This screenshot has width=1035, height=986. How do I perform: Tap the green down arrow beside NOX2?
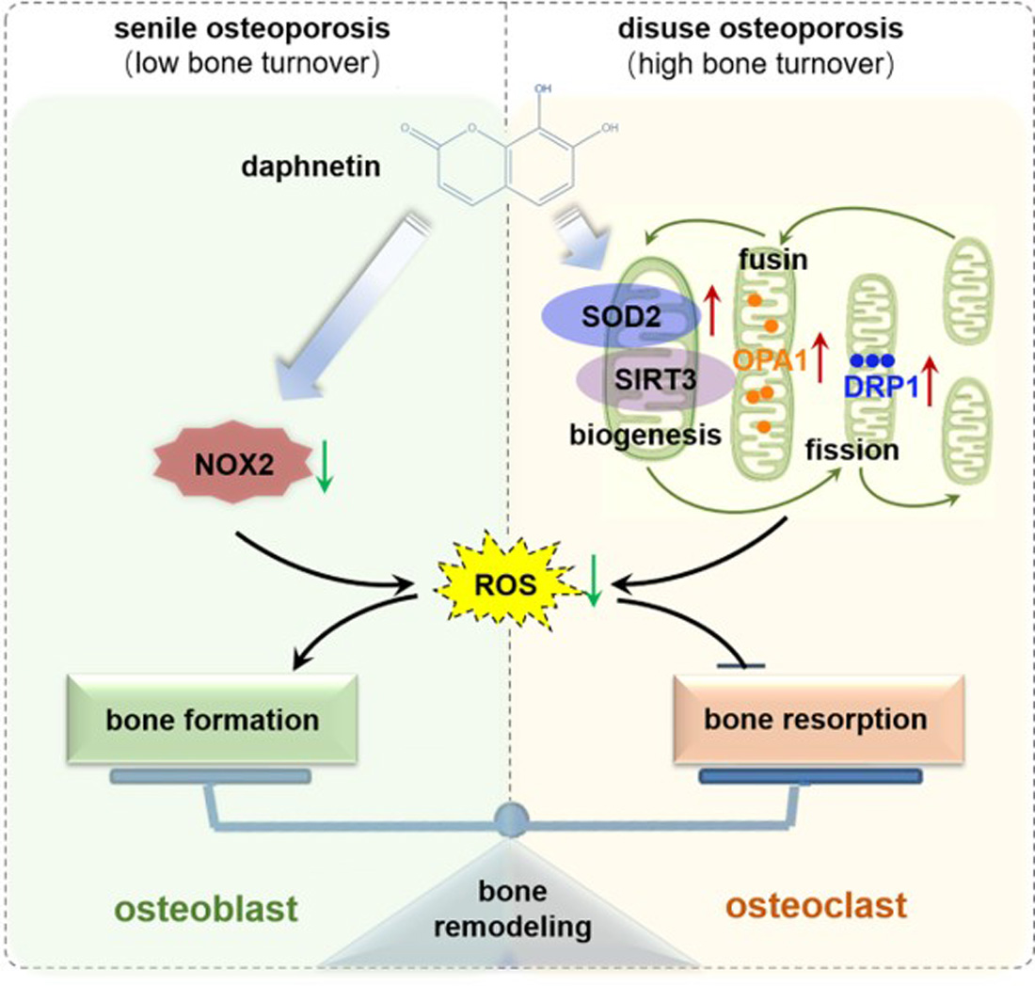[324, 468]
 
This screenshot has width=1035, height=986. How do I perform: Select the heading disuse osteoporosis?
[760, 28]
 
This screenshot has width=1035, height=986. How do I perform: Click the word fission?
[852, 450]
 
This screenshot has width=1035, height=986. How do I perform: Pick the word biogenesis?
[644, 436]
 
